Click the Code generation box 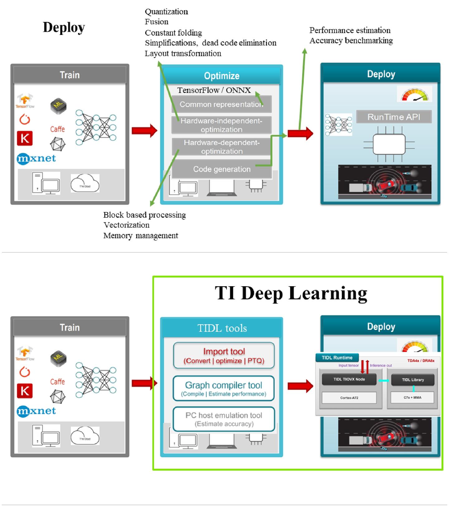coord(222,169)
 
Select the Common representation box coord(221,104)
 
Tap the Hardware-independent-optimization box coord(221,125)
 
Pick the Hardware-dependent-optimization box coord(221,147)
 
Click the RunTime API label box coord(394,117)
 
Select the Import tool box coord(224,356)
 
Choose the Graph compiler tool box coord(224,389)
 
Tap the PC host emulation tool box coord(224,419)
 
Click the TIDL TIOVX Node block coord(349,379)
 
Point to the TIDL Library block coord(413,380)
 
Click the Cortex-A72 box coord(349,398)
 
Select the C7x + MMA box coord(412,398)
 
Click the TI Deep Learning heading coord(291,293)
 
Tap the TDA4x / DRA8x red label coord(421,361)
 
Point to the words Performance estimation coord(350,31)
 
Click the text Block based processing coord(144,215)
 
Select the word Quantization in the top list coord(166,12)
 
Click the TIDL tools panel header coord(222,328)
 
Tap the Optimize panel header coord(222,76)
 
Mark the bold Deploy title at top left coord(64,27)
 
